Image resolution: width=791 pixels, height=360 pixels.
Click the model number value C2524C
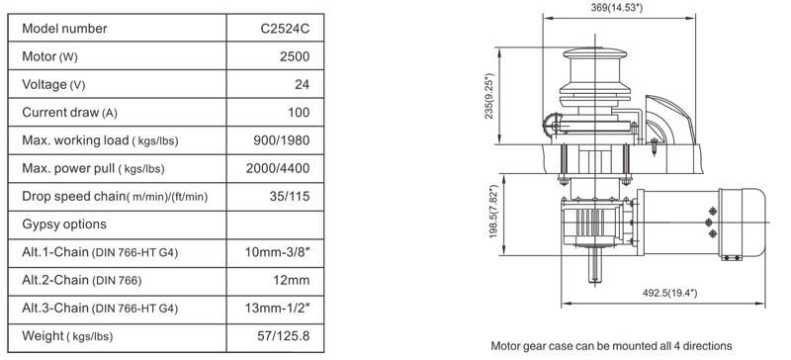pyautogui.click(x=285, y=29)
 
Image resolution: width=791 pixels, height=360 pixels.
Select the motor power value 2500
pyautogui.click(x=295, y=56)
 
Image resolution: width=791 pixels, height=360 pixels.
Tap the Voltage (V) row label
pyautogui.click(x=53, y=84)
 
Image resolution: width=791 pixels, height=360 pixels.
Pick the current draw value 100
pyautogui.click(x=299, y=112)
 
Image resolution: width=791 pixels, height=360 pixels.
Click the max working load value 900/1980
pyautogui.click(x=282, y=140)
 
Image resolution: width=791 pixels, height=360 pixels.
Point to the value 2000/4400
pyautogui.click(x=278, y=168)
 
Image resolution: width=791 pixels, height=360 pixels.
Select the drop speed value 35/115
pyautogui.click(x=290, y=196)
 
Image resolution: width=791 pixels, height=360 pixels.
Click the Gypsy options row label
pyautogui.click(x=64, y=225)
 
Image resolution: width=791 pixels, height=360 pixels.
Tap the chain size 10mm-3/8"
pyautogui.click(x=277, y=252)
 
